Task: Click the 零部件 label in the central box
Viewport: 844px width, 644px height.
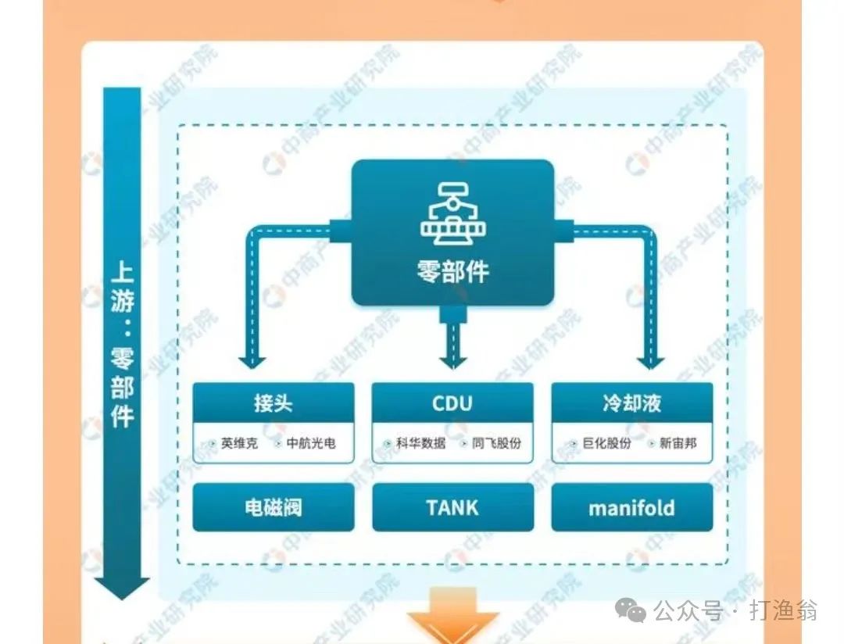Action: pos(452,270)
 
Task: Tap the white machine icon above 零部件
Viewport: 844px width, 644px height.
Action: pos(452,212)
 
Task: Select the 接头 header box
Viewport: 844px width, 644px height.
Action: pos(273,403)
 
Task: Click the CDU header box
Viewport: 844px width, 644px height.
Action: pos(452,403)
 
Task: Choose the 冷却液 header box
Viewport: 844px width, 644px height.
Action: pos(632,403)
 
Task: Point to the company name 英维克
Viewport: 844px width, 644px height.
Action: pos(239,443)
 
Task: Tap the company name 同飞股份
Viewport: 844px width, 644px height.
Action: pos(496,443)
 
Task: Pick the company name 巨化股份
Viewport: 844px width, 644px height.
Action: pos(606,443)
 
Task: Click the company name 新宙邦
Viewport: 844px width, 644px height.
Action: pos(677,443)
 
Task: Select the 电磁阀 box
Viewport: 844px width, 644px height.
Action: pos(273,508)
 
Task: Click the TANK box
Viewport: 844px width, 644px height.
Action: pos(452,508)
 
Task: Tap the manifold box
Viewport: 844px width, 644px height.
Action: pos(632,508)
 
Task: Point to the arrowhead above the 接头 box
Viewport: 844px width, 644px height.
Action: pos(252,360)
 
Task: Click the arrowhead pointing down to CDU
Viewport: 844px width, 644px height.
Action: pos(452,360)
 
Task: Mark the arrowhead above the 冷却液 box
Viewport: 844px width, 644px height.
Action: pos(650,360)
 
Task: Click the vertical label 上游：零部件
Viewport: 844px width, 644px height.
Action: pos(122,344)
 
